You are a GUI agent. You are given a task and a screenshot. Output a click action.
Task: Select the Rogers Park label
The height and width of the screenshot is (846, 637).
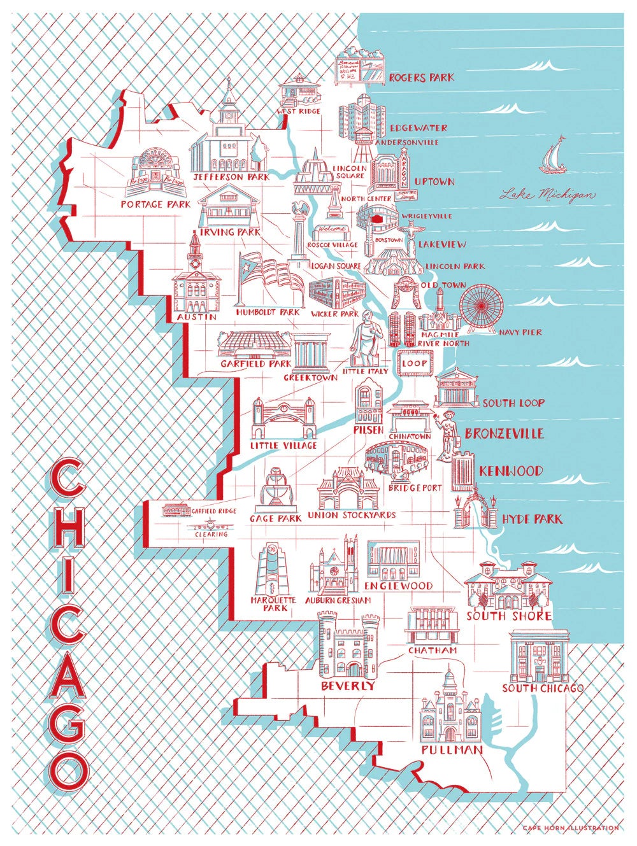[x=421, y=78]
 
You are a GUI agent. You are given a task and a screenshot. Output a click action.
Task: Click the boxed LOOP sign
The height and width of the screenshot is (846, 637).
[x=414, y=363]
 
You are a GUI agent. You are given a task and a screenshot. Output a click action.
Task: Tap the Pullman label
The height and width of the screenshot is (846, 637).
[x=451, y=751]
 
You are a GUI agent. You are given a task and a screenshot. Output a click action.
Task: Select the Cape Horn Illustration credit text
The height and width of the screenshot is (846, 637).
[x=570, y=828]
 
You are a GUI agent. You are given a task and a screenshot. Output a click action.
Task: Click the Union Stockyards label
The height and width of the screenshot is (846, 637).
[x=351, y=515]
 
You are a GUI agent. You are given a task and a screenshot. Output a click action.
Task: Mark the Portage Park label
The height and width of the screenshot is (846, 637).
[x=155, y=205]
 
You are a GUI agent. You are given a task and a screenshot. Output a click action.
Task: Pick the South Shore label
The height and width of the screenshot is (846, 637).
[x=508, y=616]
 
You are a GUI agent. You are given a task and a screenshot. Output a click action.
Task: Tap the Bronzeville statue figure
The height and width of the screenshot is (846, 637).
[x=448, y=433]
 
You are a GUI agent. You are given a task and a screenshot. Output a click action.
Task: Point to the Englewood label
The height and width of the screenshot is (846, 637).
[x=399, y=586]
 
